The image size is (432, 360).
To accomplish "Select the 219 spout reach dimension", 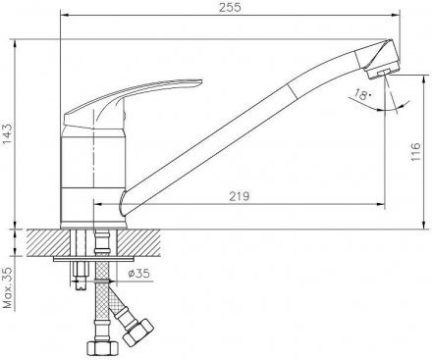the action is (239, 196).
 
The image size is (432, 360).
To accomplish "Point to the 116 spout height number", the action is (415, 152).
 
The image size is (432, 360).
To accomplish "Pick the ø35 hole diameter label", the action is (139, 273).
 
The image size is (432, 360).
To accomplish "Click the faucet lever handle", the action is (133, 102).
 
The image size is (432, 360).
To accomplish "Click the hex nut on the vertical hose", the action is (101, 347).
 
